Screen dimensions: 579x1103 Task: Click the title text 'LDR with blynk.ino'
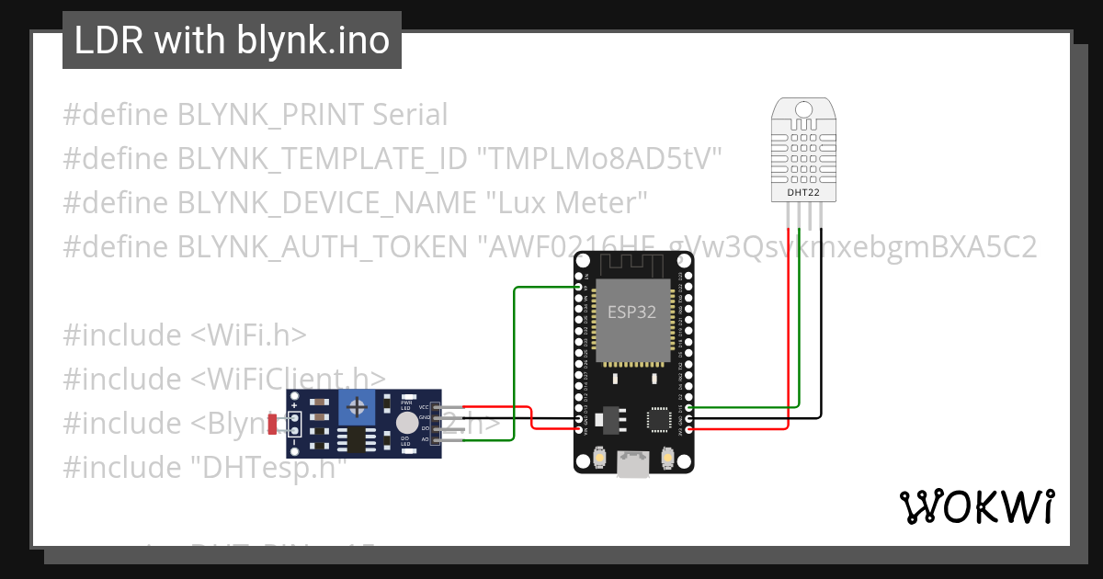click(x=232, y=40)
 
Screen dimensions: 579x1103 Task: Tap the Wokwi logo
click(x=975, y=506)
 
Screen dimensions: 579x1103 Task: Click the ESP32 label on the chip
click(x=632, y=312)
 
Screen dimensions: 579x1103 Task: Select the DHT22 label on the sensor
click(x=803, y=193)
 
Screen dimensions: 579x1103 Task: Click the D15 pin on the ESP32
click(x=688, y=407)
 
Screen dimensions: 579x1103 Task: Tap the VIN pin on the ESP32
click(x=579, y=429)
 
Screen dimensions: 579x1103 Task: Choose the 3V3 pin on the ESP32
click(x=688, y=429)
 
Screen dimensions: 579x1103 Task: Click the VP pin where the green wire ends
click(x=579, y=288)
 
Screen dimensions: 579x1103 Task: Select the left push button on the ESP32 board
click(x=599, y=456)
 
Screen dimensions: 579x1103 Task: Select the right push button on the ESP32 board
click(x=667, y=456)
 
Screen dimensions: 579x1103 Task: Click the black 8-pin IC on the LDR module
click(x=354, y=440)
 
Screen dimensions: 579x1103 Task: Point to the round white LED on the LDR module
click(x=406, y=422)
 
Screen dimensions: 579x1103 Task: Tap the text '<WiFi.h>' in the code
click(x=248, y=335)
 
